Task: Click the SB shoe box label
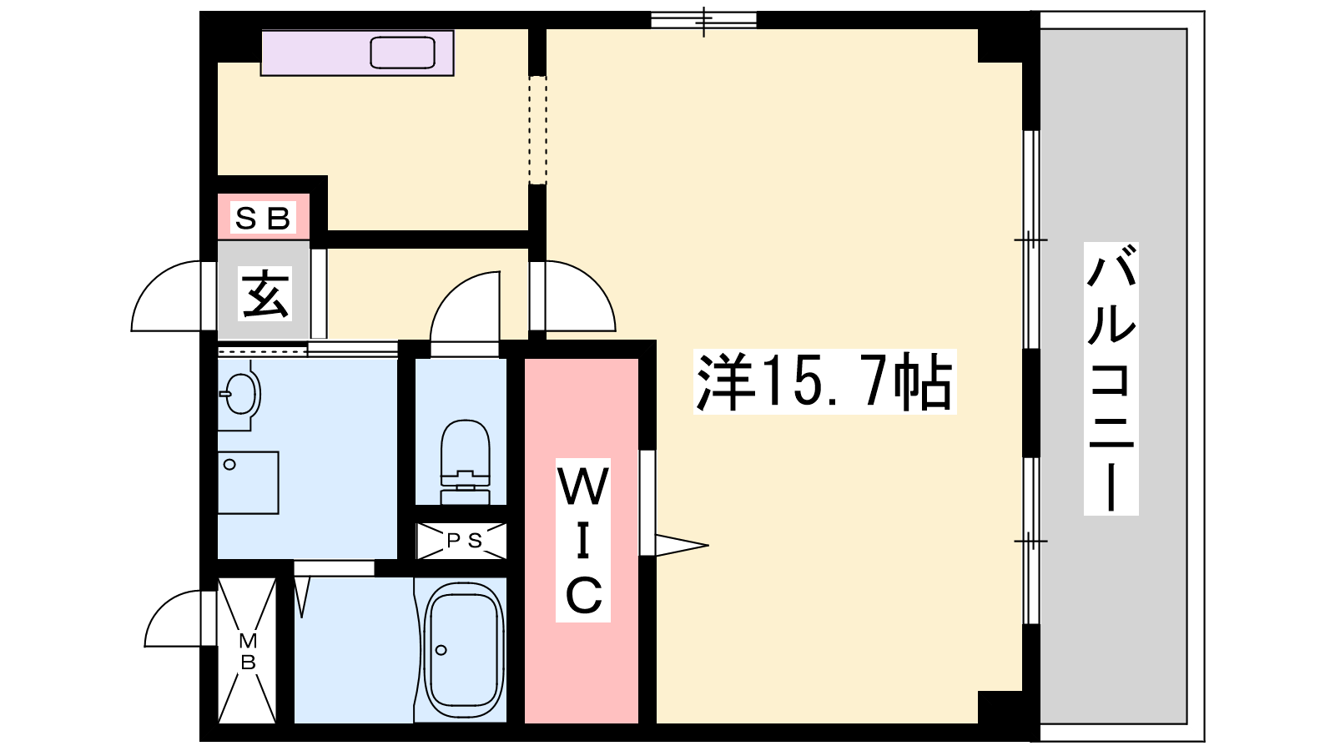point(263,218)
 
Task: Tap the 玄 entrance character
point(265,293)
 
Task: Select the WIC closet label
point(583,540)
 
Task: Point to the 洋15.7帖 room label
point(825,381)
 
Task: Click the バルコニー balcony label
point(1111,379)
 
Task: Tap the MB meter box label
point(247,652)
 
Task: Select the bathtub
point(464,650)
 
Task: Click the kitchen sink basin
point(402,53)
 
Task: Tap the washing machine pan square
point(248,483)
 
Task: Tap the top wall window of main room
point(703,20)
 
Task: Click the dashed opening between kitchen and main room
point(537,130)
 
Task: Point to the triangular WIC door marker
point(682,545)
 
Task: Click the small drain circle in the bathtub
point(441,650)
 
